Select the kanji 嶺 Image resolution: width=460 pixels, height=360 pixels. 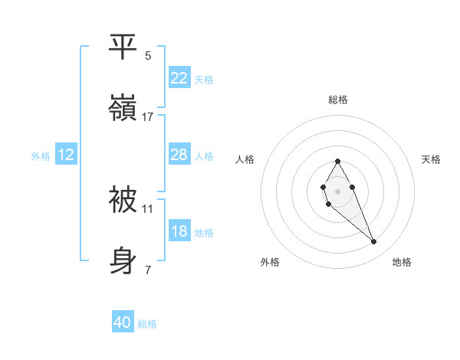point(123,109)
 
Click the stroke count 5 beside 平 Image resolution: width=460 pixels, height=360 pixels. point(148,56)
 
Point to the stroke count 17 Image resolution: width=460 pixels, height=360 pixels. point(148,117)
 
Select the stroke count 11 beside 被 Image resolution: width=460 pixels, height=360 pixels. point(148,208)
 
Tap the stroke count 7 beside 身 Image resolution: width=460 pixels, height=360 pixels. point(148,270)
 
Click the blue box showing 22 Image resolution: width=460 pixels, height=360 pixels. point(179,78)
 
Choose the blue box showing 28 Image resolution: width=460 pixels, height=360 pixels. point(179,155)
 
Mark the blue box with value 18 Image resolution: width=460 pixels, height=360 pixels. point(179,231)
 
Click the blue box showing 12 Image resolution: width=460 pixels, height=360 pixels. point(65,155)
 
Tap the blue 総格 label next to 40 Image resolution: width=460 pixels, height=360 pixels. point(147,324)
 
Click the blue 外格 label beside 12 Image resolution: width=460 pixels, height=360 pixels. point(41,155)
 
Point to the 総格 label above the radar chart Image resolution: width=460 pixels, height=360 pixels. point(337,100)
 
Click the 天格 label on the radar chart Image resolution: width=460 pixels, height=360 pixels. point(431,159)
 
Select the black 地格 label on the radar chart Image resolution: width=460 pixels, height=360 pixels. point(402,262)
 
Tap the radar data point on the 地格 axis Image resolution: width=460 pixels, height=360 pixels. point(374,242)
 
